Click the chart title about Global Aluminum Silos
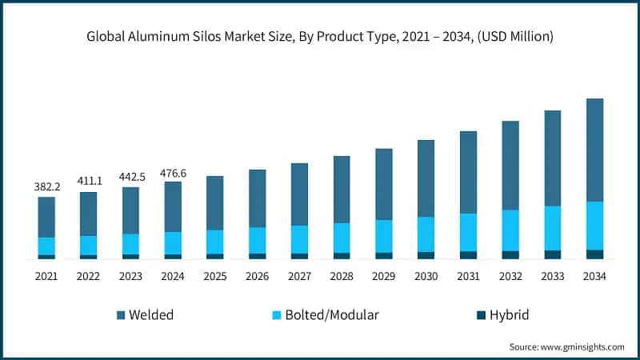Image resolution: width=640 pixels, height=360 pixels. click(x=320, y=37)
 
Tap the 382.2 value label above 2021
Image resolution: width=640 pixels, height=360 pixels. click(x=46, y=186)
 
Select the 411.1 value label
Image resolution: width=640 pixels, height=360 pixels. click(x=89, y=182)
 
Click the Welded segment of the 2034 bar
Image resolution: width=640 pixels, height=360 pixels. click(x=594, y=150)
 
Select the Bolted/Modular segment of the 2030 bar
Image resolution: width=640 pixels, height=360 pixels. click(x=426, y=234)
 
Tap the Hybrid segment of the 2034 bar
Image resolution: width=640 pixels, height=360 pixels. click(x=594, y=254)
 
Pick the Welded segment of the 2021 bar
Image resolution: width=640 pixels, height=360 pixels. click(x=46, y=217)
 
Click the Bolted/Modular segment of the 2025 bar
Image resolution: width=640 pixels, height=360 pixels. click(x=215, y=242)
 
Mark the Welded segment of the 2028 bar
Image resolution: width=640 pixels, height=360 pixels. click(x=342, y=189)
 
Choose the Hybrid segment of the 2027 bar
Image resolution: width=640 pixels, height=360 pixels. click(x=299, y=256)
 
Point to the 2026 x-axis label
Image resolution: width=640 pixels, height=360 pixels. click(x=257, y=276)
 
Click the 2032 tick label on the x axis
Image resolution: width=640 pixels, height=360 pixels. click(x=510, y=276)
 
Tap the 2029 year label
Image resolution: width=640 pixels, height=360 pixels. click(x=384, y=276)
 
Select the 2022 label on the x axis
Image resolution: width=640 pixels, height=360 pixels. click(x=89, y=276)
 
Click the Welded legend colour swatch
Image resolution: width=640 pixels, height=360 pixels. click(x=121, y=315)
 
